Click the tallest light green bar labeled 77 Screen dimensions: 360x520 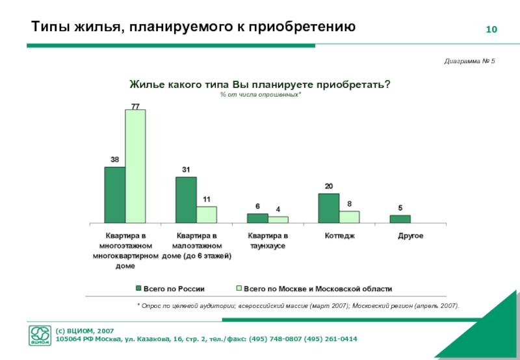coord(135,166)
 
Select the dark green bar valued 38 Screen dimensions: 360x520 coord(114,194)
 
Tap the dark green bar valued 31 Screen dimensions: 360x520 coord(186,199)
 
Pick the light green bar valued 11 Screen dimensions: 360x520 coord(206,214)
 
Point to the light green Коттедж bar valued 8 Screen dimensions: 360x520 coord(349,216)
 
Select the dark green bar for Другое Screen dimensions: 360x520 coord(400,218)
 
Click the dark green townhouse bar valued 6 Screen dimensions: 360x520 coord(257,218)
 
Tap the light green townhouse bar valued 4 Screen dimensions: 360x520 coord(278,219)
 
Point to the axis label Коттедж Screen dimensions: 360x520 coord(339,235)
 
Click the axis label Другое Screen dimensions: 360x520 coord(410,235)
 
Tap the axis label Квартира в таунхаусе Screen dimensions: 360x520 coord(268,240)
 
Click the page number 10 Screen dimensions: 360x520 coord(491,31)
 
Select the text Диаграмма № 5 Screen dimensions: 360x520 coord(469,60)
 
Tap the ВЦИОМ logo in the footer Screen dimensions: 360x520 coord(40,335)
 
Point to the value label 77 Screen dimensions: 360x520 coord(135,105)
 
